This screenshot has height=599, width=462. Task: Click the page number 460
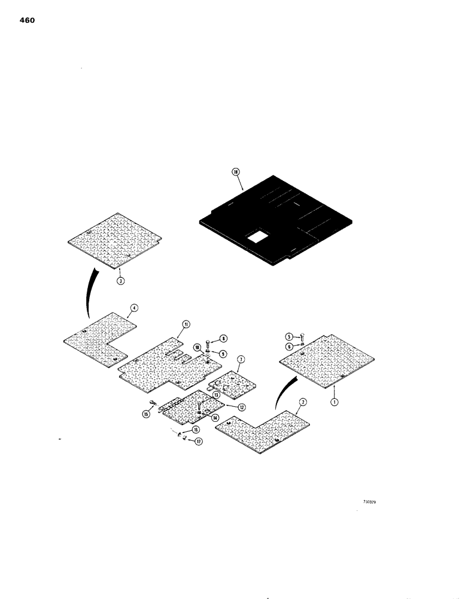tap(28, 20)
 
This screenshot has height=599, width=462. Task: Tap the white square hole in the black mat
tap(258, 237)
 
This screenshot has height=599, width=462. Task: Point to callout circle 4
tap(134, 309)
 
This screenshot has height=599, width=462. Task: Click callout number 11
tap(186, 323)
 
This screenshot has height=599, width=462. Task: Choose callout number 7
tap(239, 359)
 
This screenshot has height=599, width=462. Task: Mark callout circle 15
tap(146, 413)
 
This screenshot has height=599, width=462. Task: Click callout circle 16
tap(196, 430)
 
